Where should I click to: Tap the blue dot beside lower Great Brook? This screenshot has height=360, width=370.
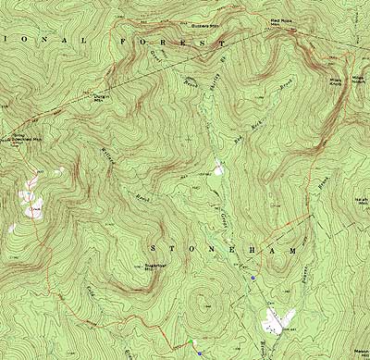coord(253,276)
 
